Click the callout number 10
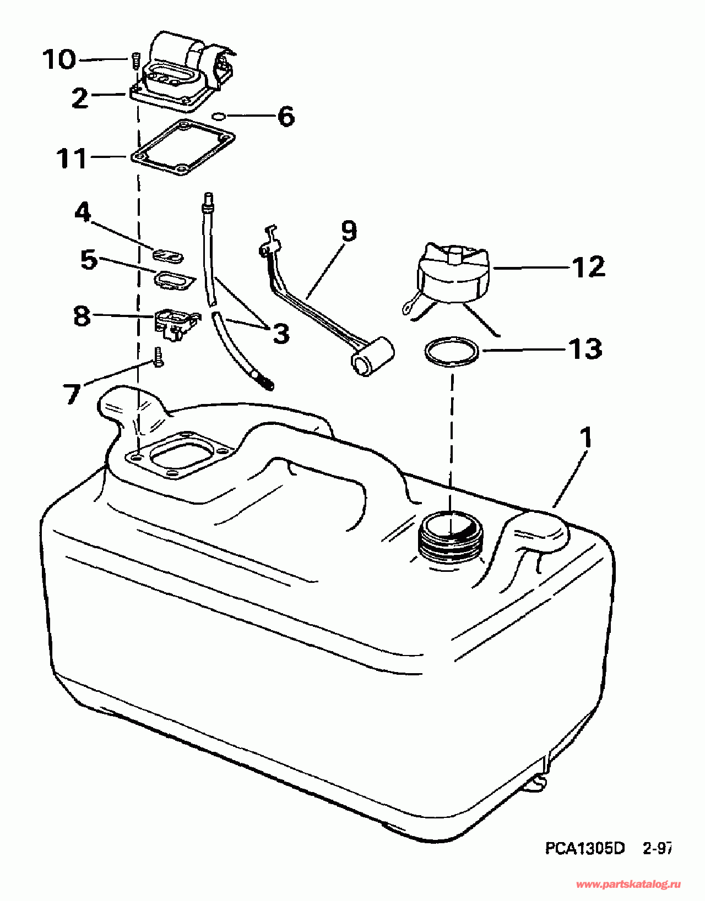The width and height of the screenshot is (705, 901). tap(59, 59)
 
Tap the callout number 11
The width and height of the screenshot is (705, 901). tap(72, 159)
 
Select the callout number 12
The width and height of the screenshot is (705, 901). tap(588, 267)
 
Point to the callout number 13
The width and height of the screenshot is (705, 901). tap(585, 349)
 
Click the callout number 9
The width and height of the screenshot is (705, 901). tap(349, 231)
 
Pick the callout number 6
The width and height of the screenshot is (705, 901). tap(286, 116)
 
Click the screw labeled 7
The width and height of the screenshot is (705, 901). tap(159, 357)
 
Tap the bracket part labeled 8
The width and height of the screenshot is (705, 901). tap(175, 323)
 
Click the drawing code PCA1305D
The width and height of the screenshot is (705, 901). tap(585, 848)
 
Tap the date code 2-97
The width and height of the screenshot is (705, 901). tap(657, 848)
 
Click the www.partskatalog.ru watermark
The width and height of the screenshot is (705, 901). tap(627, 884)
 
